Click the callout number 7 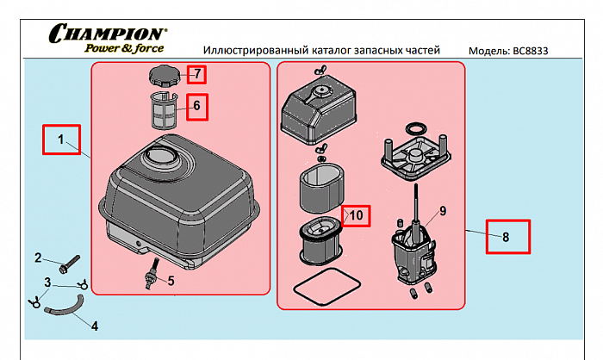[196, 74]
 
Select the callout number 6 [196, 106]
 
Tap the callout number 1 [61, 139]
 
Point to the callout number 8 [506, 235]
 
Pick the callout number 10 [356, 214]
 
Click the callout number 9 [442, 211]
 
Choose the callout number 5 [170, 280]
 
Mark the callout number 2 [38, 258]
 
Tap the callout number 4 [94, 326]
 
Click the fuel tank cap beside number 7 [162, 76]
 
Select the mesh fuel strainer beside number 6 [162, 110]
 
